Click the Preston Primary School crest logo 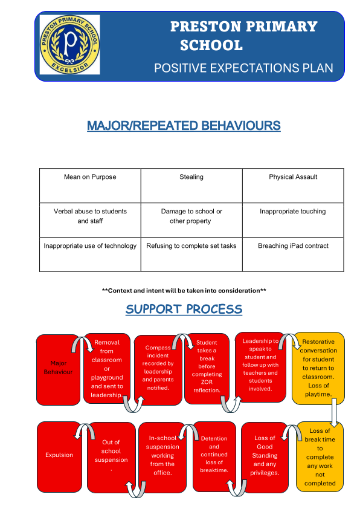(x=69, y=45)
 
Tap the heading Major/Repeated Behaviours (x=184, y=126)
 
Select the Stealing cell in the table (x=191, y=186)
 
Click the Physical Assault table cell (x=293, y=186)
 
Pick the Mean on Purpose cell (x=90, y=186)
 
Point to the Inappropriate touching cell (x=293, y=220)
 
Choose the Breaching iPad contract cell (x=293, y=254)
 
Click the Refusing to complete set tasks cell (x=191, y=254)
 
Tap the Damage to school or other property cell (x=191, y=220)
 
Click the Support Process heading (x=184, y=310)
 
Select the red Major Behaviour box (x=59, y=370)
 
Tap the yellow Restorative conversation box (x=318, y=368)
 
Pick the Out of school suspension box (x=111, y=458)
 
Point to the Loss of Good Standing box (x=265, y=458)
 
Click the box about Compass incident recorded (x=158, y=370)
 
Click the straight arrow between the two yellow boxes (x=334, y=412)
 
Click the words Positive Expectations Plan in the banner (x=243, y=68)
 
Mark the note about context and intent (x=184, y=291)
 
